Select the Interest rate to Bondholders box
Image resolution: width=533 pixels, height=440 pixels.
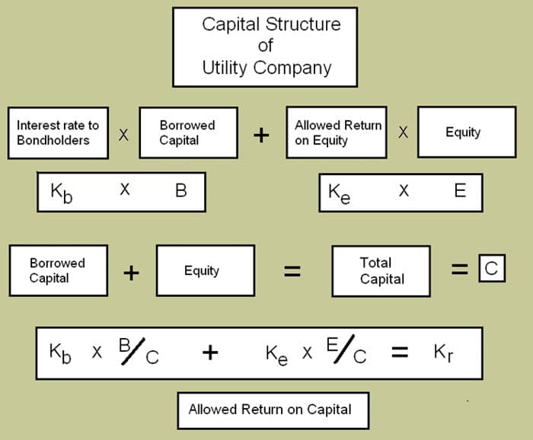point(58,132)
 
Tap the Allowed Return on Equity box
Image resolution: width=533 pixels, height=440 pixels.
point(337,132)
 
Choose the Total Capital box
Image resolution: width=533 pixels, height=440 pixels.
point(381,270)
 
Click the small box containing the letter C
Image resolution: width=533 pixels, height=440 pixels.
point(491,268)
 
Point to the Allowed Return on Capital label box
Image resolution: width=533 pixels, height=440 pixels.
point(270,409)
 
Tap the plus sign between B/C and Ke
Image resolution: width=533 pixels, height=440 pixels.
point(210,352)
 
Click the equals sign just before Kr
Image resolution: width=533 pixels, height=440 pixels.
point(400,353)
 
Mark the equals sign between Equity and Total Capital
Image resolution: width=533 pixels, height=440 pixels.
point(292,271)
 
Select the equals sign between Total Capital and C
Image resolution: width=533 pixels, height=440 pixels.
point(458,268)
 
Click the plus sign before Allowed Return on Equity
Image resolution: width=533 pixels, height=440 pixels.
point(261,135)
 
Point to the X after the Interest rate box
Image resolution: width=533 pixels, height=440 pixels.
point(123,135)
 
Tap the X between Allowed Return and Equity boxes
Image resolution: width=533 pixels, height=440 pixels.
point(403,132)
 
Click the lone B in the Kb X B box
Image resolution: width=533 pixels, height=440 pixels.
point(180,190)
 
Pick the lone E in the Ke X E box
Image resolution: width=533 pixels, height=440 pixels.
point(460,190)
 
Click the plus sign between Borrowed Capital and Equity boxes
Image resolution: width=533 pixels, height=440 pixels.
point(131,273)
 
